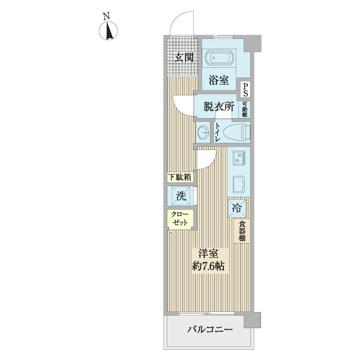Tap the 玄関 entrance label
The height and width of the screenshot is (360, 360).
point(184,58)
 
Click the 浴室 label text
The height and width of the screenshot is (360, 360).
point(218,80)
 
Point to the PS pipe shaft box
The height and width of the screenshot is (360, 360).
point(246,89)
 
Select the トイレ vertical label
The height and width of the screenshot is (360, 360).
point(217,133)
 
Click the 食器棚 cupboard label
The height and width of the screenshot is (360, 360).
point(242,231)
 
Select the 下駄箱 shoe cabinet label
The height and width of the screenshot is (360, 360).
point(179,178)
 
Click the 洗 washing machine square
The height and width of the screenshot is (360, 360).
point(180,195)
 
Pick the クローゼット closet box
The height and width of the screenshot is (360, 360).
point(180,218)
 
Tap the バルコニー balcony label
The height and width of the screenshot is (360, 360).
point(209,329)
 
